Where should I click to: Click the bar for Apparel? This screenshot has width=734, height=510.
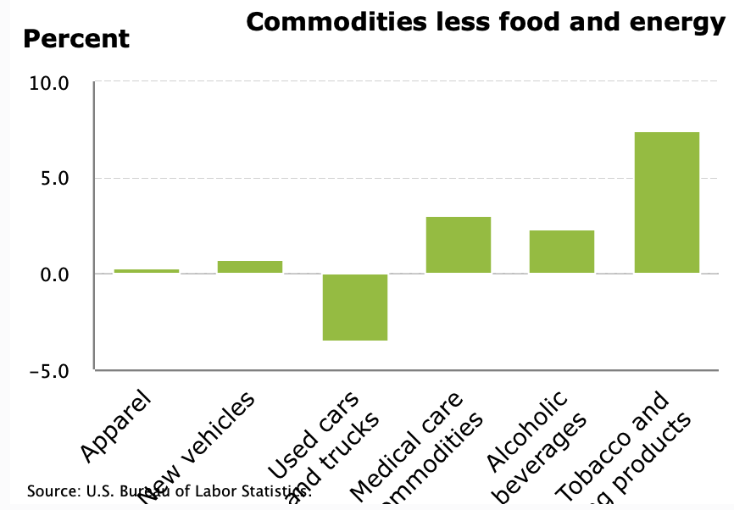pos(147,271)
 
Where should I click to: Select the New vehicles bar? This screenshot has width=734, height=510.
pos(250,267)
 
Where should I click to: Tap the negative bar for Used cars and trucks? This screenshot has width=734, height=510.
pos(354,307)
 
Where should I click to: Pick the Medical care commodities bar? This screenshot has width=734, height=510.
pos(459,245)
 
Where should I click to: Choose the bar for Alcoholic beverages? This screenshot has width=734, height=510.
pos(562,252)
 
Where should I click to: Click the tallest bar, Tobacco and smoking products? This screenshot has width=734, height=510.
pos(667,202)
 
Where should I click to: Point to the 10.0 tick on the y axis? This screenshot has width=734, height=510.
pos(50,83)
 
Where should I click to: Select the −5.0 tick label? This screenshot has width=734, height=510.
pos(50,370)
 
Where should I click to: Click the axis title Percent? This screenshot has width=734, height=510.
pos(76,39)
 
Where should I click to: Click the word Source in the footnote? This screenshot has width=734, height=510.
pos(52,491)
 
